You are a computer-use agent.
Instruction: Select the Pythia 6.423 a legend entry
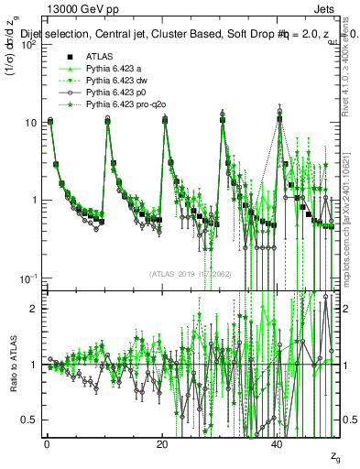tap(115, 68)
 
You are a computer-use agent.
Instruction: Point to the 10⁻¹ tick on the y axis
tap(29, 278)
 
